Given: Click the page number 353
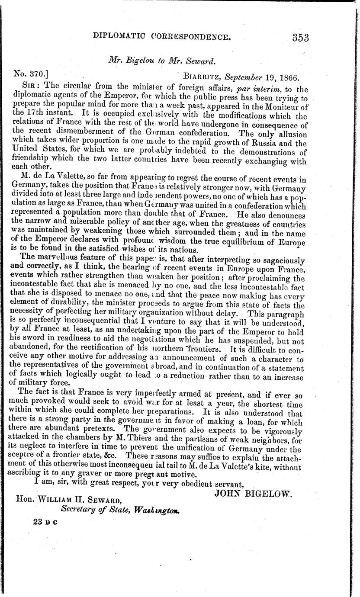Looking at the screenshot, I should (x=300, y=38).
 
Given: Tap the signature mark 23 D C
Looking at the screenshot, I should (x=45, y=522).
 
